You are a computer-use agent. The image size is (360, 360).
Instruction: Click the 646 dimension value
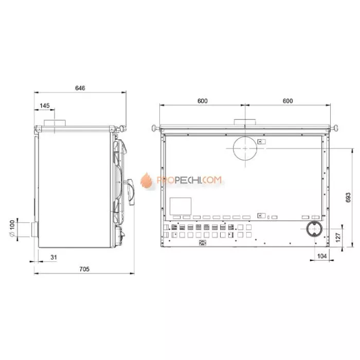80,88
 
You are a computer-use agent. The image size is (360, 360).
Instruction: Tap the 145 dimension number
45,105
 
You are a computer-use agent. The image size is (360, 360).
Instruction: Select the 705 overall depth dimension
84,269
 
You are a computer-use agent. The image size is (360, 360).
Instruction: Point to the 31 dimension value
53,257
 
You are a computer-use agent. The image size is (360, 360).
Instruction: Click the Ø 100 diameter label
12,228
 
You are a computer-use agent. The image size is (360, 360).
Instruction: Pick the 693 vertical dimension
348,197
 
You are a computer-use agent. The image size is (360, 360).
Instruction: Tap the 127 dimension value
338,238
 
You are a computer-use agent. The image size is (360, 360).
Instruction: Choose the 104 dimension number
322,256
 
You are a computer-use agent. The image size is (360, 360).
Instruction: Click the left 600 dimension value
203,101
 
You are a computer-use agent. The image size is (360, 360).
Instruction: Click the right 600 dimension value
287,101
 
